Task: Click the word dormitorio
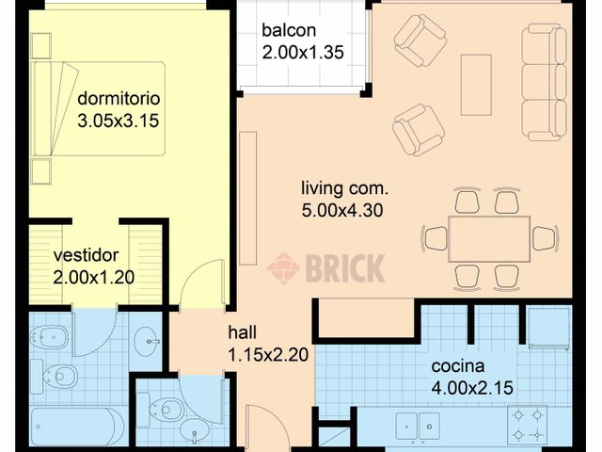point(119,98)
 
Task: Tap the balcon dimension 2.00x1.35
point(303,53)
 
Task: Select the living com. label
point(344,188)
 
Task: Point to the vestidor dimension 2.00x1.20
point(93,277)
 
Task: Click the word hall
point(242,332)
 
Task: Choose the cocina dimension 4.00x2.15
point(472,387)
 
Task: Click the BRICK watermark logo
point(326,268)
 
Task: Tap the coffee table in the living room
point(476,85)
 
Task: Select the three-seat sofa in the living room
point(544,82)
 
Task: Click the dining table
point(489,239)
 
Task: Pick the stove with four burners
point(528,425)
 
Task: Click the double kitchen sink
point(418,427)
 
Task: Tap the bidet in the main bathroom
point(48,338)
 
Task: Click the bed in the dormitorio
point(98,108)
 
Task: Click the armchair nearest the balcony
point(420,40)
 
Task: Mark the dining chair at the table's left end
point(435,238)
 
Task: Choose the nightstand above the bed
point(40,46)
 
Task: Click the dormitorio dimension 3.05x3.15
point(119,121)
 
